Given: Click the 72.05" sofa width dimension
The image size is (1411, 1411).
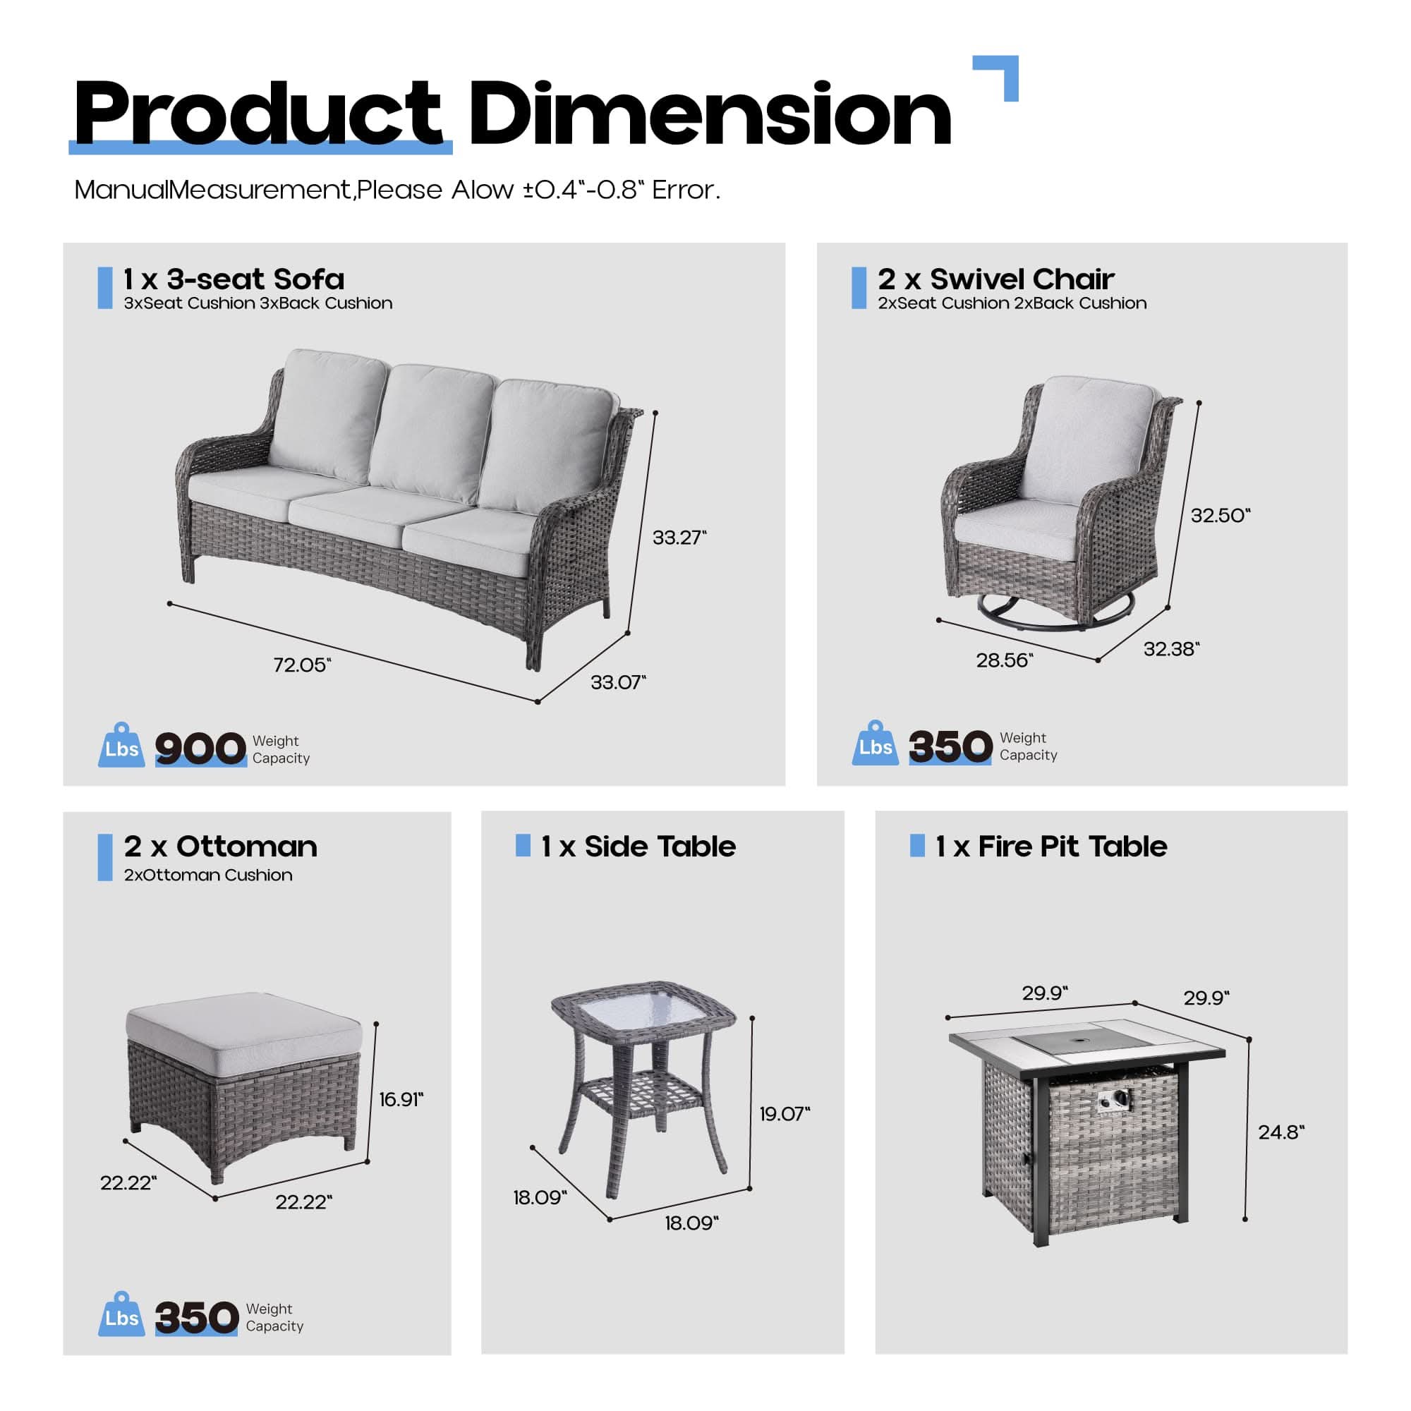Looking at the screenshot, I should [302, 665].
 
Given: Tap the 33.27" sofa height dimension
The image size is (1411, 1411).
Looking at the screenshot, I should [679, 538].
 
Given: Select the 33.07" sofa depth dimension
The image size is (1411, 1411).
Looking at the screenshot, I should [618, 682].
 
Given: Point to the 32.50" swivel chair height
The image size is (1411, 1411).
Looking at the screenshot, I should [1221, 515].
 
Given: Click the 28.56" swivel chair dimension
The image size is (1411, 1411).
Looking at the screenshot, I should [1004, 660].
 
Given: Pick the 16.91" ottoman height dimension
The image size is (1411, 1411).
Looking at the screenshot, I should [401, 1099].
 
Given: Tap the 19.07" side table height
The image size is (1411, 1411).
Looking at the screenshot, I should [785, 1114].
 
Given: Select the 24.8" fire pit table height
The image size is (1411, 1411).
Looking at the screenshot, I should [1281, 1132].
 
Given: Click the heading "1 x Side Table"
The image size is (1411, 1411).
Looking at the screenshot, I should [638, 847].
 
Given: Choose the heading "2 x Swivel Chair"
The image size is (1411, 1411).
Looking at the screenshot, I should [995, 278].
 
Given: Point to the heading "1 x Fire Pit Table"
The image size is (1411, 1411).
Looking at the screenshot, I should [1051, 847].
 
